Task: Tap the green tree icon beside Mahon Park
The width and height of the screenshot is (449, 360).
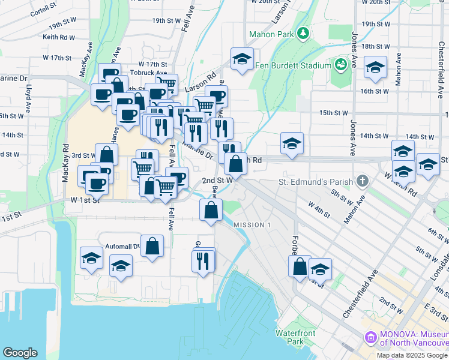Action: [304, 32]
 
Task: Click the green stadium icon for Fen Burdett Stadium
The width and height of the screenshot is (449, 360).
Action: [341, 64]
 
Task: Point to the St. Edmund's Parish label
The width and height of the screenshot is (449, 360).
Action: [317, 181]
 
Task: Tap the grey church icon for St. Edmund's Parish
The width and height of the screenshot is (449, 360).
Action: [362, 181]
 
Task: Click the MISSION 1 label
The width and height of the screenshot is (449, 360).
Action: [252, 225]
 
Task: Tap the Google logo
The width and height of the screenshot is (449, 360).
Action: [20, 353]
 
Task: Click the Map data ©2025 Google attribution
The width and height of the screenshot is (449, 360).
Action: [412, 355]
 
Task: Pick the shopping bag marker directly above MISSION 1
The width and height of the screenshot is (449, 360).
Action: [211, 210]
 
